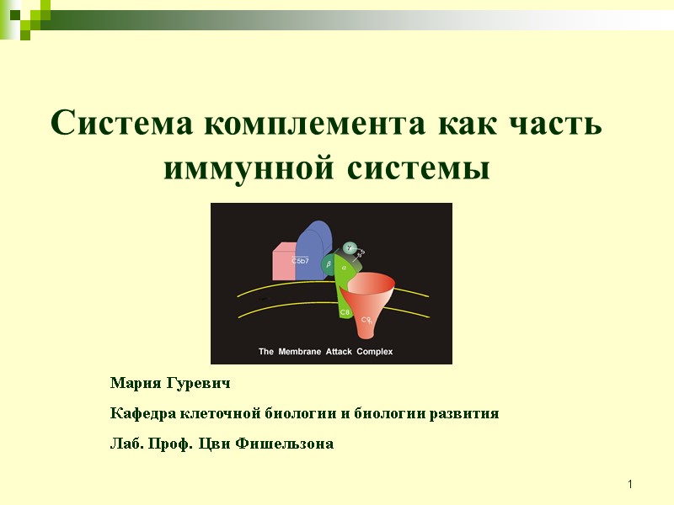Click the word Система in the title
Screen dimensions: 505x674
[x=123, y=125]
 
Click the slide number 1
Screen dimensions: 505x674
[x=629, y=485]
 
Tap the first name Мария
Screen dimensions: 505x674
[x=136, y=384]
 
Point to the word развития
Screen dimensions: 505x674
[x=464, y=413]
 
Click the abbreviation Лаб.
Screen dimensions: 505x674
[x=126, y=444]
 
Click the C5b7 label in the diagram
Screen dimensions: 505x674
[x=300, y=261]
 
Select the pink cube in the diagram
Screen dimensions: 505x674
[x=284, y=262]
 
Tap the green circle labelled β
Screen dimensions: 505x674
[x=329, y=263]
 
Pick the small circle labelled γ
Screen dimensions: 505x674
[x=349, y=247]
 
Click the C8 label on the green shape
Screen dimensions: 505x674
[x=345, y=312]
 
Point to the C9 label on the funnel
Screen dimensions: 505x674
[x=366, y=320]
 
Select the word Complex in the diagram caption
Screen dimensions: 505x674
[x=374, y=352]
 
